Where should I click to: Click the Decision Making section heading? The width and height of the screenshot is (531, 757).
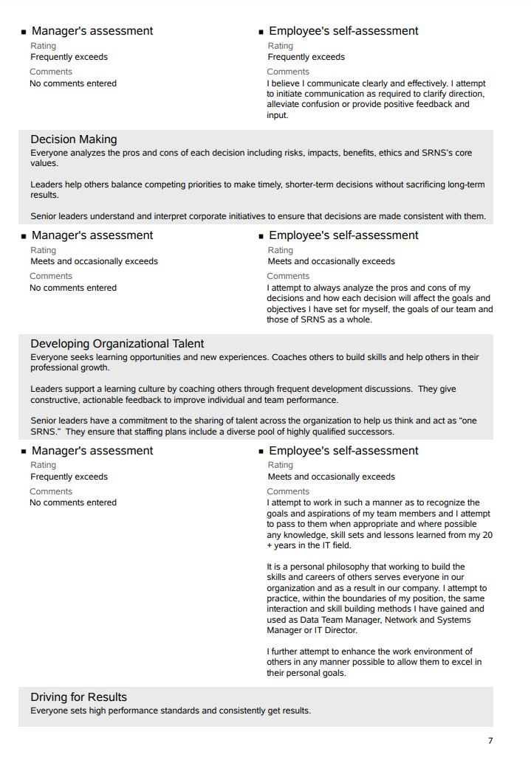pos(73,139)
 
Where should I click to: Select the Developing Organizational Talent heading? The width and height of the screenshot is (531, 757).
pos(117,344)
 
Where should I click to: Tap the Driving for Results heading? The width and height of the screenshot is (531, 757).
pos(78,697)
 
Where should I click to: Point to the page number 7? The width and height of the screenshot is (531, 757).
pos(490,741)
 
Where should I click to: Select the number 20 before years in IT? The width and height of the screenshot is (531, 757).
pos(487,535)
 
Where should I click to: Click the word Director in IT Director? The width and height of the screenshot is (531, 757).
pos(340,631)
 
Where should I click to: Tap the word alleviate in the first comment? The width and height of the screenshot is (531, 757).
pos(284,105)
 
